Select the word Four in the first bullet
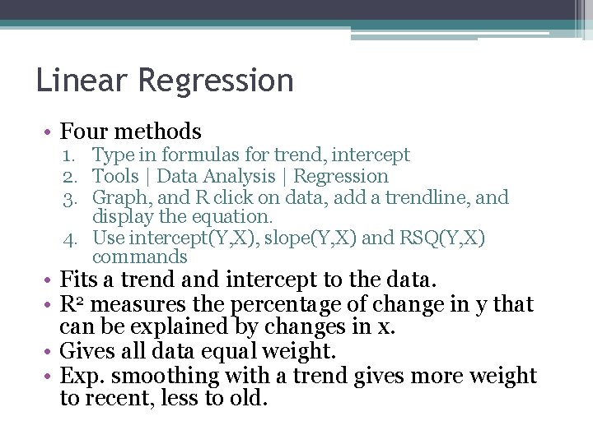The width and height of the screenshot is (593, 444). pyautogui.click(x=85, y=132)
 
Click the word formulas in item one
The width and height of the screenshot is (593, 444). pyautogui.click(x=197, y=155)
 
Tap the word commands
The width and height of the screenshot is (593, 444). pyautogui.click(x=140, y=257)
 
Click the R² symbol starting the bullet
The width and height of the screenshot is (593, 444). pyautogui.click(x=69, y=304)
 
